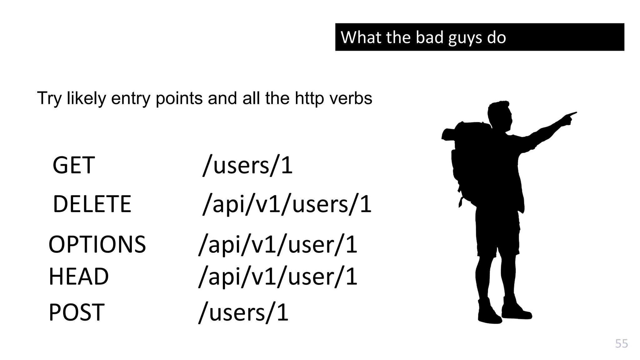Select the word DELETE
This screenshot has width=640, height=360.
[92, 204]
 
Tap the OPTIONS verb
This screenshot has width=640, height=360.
[97, 244]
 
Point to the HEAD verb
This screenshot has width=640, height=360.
[79, 277]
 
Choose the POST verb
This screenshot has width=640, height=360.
[77, 312]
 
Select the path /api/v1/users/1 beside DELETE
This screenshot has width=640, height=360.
[287, 204]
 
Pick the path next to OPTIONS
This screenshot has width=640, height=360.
[278, 244]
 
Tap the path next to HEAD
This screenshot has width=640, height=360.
[278, 277]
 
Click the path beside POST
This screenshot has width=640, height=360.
[243, 312]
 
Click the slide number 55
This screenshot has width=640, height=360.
[621, 343]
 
